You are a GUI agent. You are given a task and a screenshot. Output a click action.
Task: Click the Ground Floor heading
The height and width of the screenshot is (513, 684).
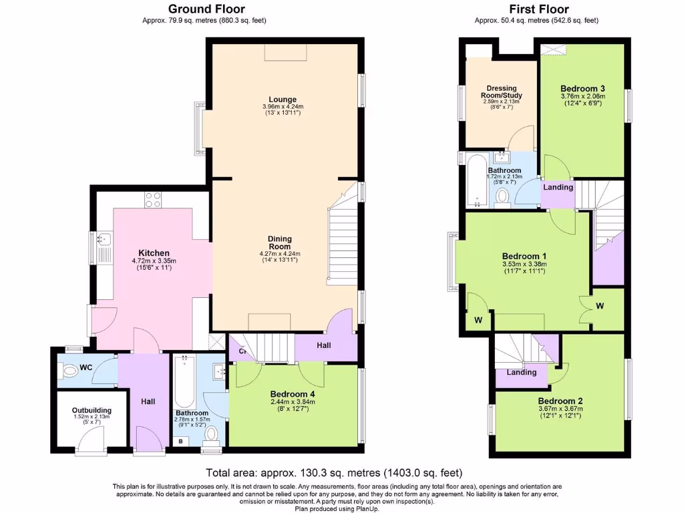tap(206, 9)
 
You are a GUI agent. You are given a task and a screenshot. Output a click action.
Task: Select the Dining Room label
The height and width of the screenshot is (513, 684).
tap(280, 242)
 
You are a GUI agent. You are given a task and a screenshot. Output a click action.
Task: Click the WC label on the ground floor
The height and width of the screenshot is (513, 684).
tap(86, 367)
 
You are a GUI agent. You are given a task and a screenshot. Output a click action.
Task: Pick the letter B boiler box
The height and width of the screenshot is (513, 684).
tap(180, 442)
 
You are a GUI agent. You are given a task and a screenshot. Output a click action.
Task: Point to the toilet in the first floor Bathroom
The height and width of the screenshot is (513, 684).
tap(504, 196)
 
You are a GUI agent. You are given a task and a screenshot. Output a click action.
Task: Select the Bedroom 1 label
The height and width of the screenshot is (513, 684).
tap(524, 256)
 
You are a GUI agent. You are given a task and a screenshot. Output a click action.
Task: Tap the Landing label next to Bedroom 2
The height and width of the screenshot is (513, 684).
tap(522, 372)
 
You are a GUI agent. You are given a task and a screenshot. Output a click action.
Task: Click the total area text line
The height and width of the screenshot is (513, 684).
tap(334, 472)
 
